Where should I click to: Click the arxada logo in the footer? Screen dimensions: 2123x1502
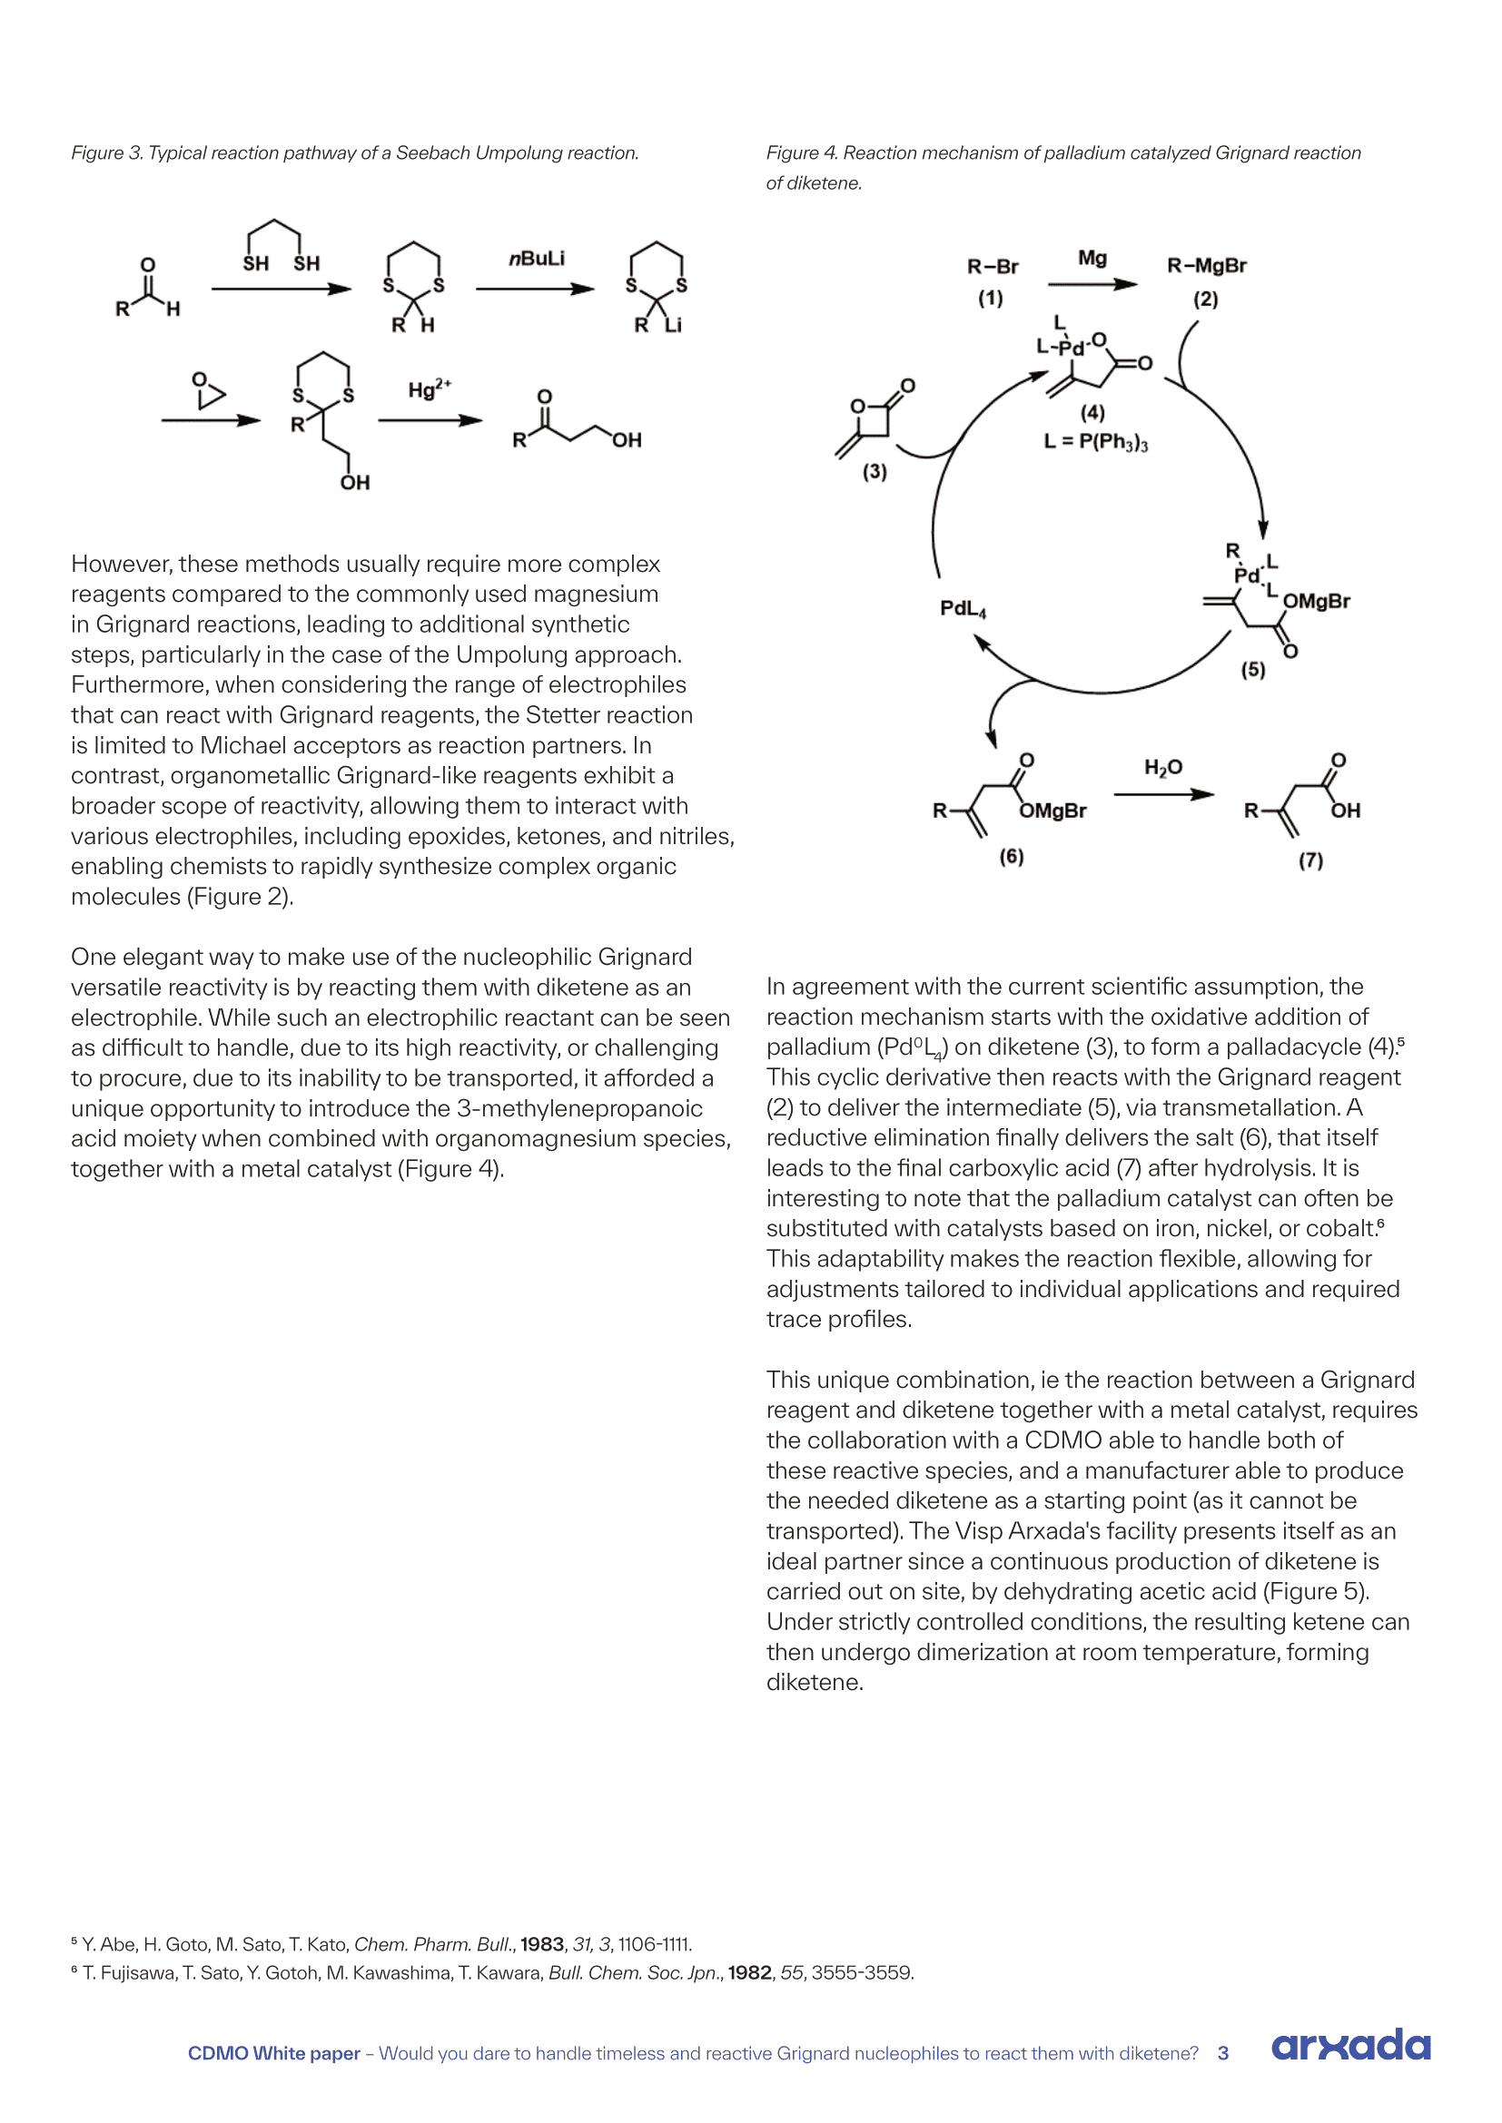pos(1350,2045)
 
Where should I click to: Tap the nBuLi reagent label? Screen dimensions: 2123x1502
pos(537,259)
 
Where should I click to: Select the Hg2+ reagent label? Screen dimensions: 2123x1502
pos(430,389)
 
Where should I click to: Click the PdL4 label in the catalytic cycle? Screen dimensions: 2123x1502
pos(963,608)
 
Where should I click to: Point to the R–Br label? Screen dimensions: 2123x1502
pos(993,267)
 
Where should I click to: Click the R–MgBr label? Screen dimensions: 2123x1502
pos(1206,266)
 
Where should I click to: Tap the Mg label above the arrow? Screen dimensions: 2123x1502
pos(1092,258)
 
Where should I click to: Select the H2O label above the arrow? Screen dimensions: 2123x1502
pos(1162,768)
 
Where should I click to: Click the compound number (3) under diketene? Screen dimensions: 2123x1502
pos(874,472)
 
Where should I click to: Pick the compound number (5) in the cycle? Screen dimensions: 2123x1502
pos(1252,670)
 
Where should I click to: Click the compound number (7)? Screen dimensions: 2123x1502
pos(1310,860)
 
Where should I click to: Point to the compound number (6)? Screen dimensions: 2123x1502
pos(1011,857)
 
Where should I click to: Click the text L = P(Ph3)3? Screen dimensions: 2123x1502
pos(1095,442)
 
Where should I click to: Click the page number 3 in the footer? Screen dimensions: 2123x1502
pos(1222,2054)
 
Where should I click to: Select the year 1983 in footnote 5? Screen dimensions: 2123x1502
pos(541,1944)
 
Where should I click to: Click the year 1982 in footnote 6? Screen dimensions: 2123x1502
pos(749,1973)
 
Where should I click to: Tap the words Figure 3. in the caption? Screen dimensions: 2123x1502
pos(106,153)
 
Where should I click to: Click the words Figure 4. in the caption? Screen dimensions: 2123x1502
pos(801,153)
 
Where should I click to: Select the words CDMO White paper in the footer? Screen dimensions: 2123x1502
pos(273,2054)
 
